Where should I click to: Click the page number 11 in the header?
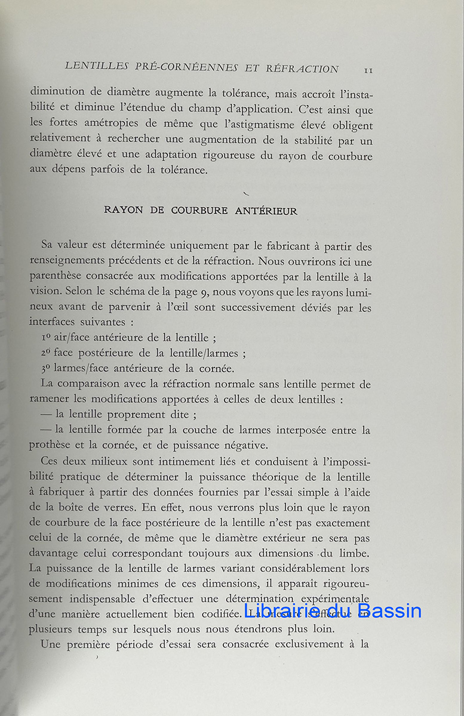point(368,70)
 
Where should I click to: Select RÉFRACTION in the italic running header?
point(303,69)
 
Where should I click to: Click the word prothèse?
point(53,446)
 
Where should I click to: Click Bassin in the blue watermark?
point(390,610)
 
